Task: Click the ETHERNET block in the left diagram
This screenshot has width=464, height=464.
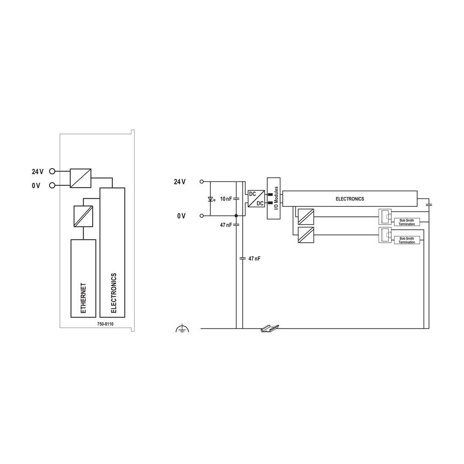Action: pos(83,278)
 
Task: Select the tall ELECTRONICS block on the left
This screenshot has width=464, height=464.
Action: pos(112,252)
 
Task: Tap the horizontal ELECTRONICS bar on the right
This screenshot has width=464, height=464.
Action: pos(350,199)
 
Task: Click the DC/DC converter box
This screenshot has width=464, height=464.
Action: pos(256,199)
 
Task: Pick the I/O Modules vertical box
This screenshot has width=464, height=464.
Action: pos(274,198)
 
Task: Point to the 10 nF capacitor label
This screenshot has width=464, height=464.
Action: pos(226,199)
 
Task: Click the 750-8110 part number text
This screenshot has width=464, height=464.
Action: pos(105,324)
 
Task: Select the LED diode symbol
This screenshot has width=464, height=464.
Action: pos(211,199)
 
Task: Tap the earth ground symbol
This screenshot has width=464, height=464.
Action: pos(182,328)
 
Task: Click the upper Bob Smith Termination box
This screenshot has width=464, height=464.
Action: pos(407,222)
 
